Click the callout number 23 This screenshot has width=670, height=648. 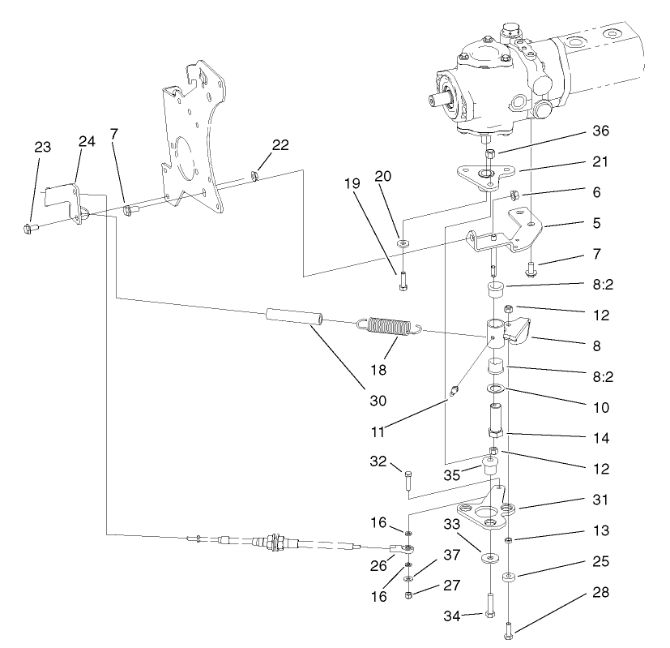click(42, 147)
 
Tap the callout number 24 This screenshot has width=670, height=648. click(87, 141)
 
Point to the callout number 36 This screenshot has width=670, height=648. click(600, 131)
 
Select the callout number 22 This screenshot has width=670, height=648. click(280, 144)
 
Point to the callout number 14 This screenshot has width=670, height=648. click(600, 437)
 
